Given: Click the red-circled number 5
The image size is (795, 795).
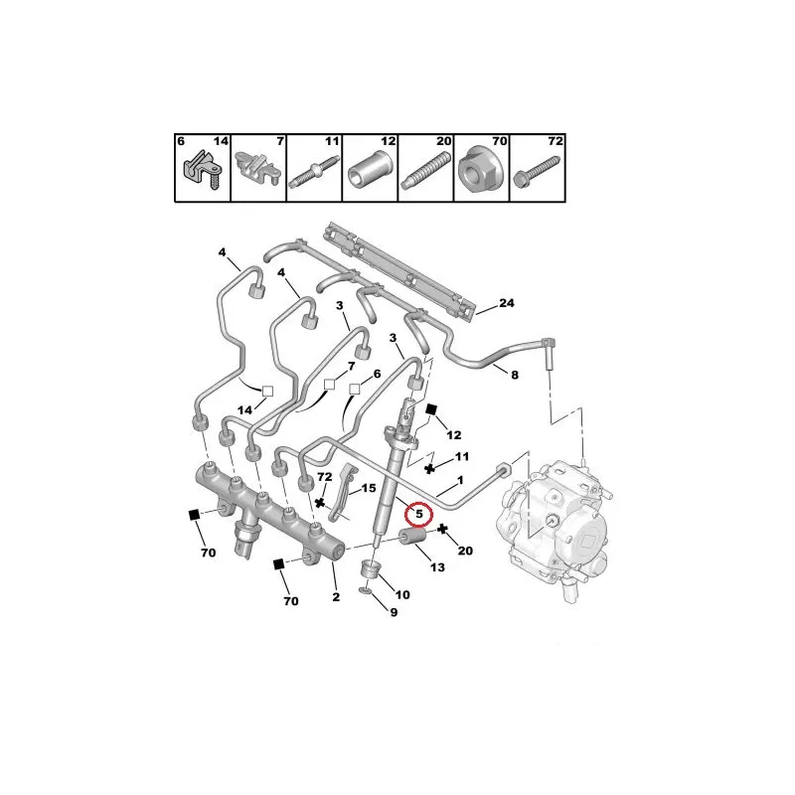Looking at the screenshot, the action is (419, 514).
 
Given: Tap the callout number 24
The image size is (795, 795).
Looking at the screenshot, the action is (506, 303).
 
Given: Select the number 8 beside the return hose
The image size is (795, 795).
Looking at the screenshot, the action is (515, 376).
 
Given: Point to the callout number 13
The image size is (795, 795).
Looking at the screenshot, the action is (437, 567).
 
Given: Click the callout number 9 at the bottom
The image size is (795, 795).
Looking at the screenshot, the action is (394, 612).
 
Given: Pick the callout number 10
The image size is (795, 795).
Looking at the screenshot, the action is (402, 594).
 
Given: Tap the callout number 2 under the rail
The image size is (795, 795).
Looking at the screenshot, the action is (336, 597).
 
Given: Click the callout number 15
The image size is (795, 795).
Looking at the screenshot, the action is (369, 488).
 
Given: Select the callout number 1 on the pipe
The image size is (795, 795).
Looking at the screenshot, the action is (460, 480).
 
